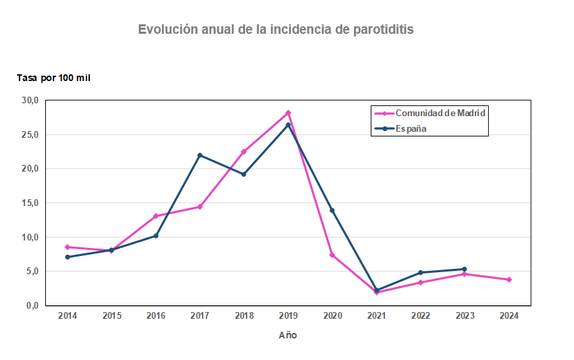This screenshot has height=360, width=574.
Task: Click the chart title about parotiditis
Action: click(276, 30)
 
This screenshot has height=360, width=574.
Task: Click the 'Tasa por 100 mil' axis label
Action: click(53, 78)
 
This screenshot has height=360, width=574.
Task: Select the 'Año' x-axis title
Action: click(288, 335)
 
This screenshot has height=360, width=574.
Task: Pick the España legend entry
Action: click(411, 128)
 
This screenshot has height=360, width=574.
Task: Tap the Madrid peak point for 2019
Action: click(288, 113)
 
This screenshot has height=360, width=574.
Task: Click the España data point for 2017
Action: click(200, 155)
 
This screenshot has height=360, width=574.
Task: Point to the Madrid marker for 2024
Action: click(508, 280)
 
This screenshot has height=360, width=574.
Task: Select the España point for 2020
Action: click(332, 211)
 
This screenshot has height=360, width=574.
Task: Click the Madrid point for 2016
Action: click(156, 216)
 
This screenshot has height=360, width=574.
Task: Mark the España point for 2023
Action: click(465, 269)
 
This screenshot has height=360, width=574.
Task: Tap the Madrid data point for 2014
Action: click(68, 247)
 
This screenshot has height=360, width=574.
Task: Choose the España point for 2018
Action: click(244, 174)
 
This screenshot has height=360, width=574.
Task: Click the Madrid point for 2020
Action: click(332, 255)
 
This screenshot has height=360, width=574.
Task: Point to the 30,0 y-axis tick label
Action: click(30, 101)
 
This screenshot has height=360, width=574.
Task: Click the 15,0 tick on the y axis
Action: click(30, 203)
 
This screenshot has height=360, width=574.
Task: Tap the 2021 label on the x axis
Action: click(376, 315)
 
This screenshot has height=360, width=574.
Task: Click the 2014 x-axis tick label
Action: click(68, 315)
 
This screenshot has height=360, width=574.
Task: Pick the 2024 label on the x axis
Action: click(508, 315)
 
